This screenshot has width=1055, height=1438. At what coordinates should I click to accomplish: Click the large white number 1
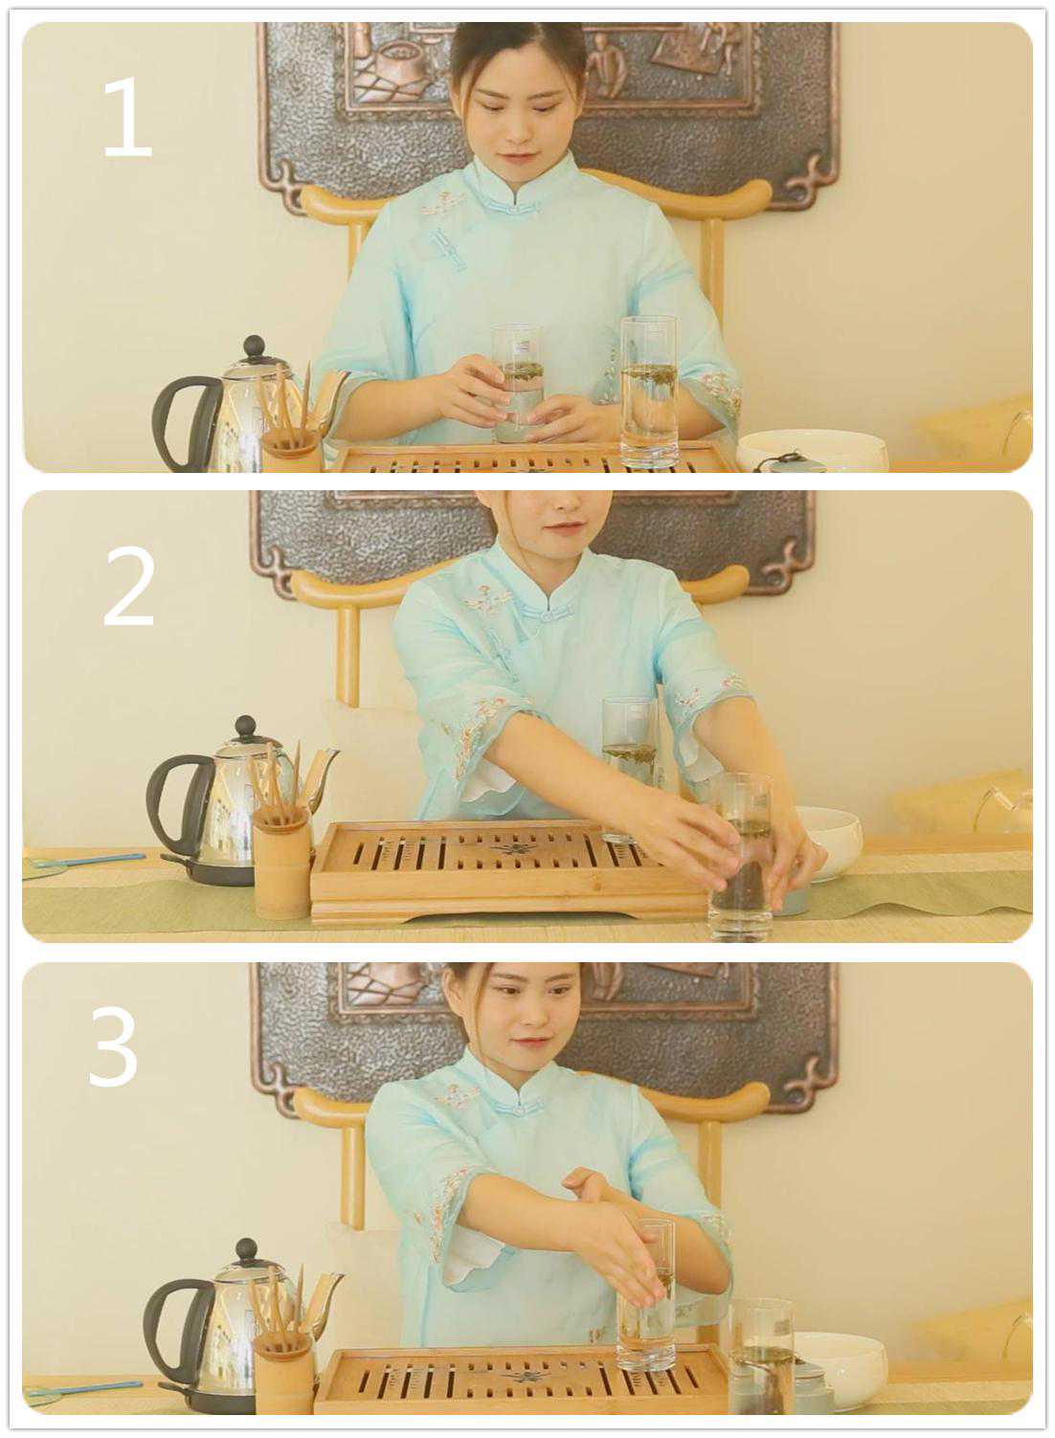tap(127, 117)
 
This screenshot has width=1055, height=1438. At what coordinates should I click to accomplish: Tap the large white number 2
tap(128, 586)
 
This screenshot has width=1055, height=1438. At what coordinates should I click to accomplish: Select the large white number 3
tap(114, 1047)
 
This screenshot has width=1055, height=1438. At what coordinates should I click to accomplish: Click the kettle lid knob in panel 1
tap(255, 348)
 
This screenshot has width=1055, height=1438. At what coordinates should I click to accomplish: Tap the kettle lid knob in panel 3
tap(247, 1252)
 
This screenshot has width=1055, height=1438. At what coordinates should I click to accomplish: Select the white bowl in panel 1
tap(812, 451)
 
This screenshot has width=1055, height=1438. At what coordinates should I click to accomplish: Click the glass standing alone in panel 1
tap(649, 392)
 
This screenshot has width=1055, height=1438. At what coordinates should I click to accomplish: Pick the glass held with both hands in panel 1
tap(518, 384)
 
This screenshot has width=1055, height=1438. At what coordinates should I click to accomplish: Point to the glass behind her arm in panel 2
tap(629, 764)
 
